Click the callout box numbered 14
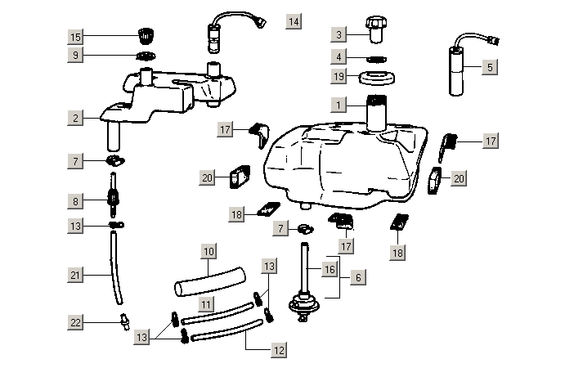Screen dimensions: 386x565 (294, 20)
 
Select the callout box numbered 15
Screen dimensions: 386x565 (75, 37)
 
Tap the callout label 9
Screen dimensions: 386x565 (75, 55)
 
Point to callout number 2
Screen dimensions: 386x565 (75, 118)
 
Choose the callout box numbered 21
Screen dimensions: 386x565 (75, 276)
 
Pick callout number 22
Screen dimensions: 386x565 (75, 323)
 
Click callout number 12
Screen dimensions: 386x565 (279, 349)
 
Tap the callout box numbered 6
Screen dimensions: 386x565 (357, 278)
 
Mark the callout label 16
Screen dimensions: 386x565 (330, 267)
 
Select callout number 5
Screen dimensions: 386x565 (490, 68)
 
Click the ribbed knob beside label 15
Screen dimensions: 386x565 (146, 36)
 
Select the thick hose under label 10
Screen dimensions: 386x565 (209, 280)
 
